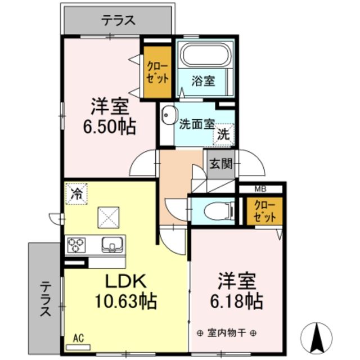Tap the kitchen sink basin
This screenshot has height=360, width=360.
click(x=110, y=244)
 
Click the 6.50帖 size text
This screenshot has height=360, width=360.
click(x=110, y=127)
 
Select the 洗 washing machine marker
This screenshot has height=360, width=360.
click(x=223, y=135)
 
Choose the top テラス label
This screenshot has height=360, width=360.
click(x=118, y=20)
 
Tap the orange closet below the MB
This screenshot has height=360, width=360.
click(x=262, y=210)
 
